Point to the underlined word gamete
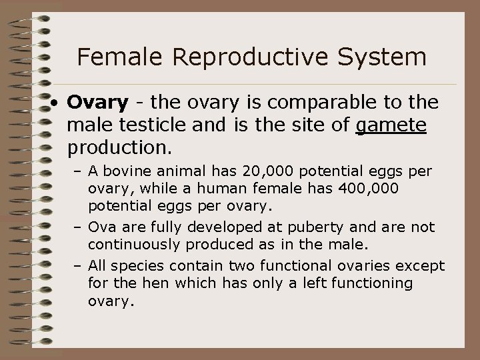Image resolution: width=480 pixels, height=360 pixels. [x=391, y=125]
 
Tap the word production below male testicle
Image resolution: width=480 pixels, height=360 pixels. [x=117, y=144]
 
